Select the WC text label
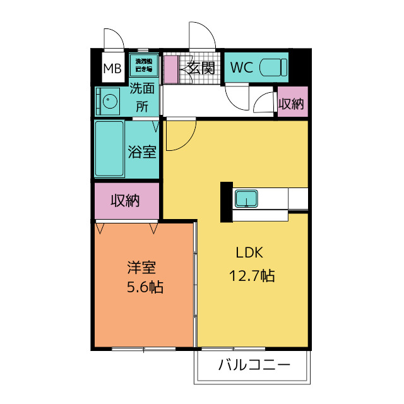(242, 68)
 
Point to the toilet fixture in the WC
(274, 67)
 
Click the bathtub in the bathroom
(110, 149)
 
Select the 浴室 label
(141, 151)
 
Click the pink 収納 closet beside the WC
(292, 104)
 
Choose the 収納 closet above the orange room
(125, 201)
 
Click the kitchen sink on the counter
(246, 198)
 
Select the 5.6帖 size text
(144, 287)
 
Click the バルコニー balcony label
(254, 365)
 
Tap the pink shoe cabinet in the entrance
(171, 69)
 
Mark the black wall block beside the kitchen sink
(226, 202)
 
